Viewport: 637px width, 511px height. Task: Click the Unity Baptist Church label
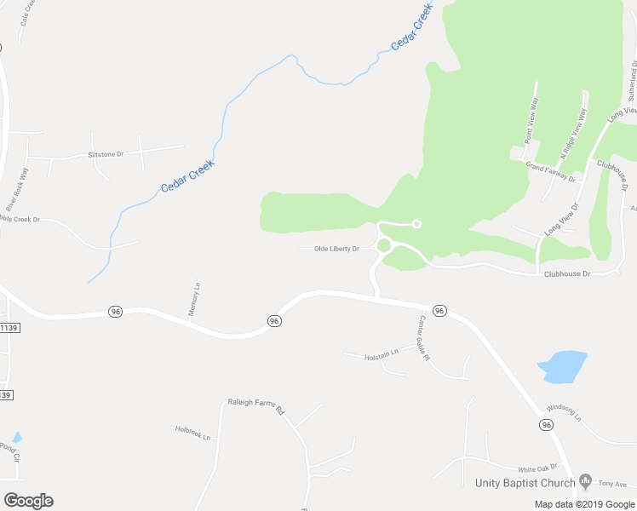[x=525, y=483]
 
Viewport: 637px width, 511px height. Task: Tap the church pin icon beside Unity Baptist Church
[x=584, y=482]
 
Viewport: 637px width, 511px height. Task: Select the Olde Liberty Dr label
[x=336, y=249]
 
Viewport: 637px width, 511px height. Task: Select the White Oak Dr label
[x=537, y=468]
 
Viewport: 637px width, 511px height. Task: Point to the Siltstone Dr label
[x=106, y=154]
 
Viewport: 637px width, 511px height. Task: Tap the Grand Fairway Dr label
[x=550, y=173]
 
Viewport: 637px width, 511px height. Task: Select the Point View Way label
[x=530, y=118]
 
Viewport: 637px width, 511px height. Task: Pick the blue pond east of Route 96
[x=562, y=366]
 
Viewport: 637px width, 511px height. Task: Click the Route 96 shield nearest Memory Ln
[x=116, y=312]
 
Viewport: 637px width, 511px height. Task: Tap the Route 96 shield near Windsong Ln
[x=545, y=424]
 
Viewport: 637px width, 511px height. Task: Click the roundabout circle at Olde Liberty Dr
[x=383, y=246]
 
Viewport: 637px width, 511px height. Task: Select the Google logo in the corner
[x=28, y=500]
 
